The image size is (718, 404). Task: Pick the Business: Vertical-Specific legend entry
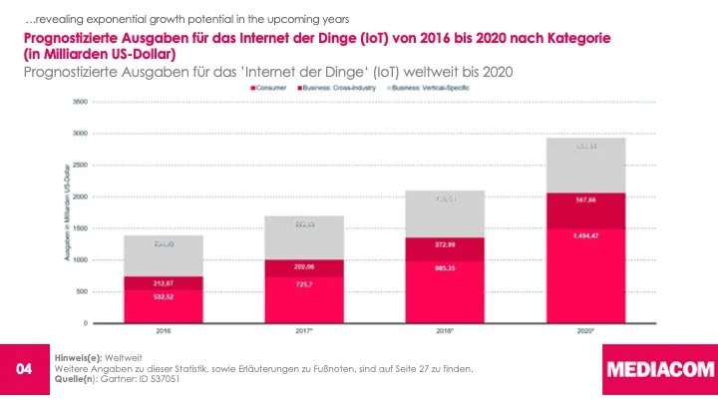435,88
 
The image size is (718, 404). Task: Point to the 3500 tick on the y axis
79,102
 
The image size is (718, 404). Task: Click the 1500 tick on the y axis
79,228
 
